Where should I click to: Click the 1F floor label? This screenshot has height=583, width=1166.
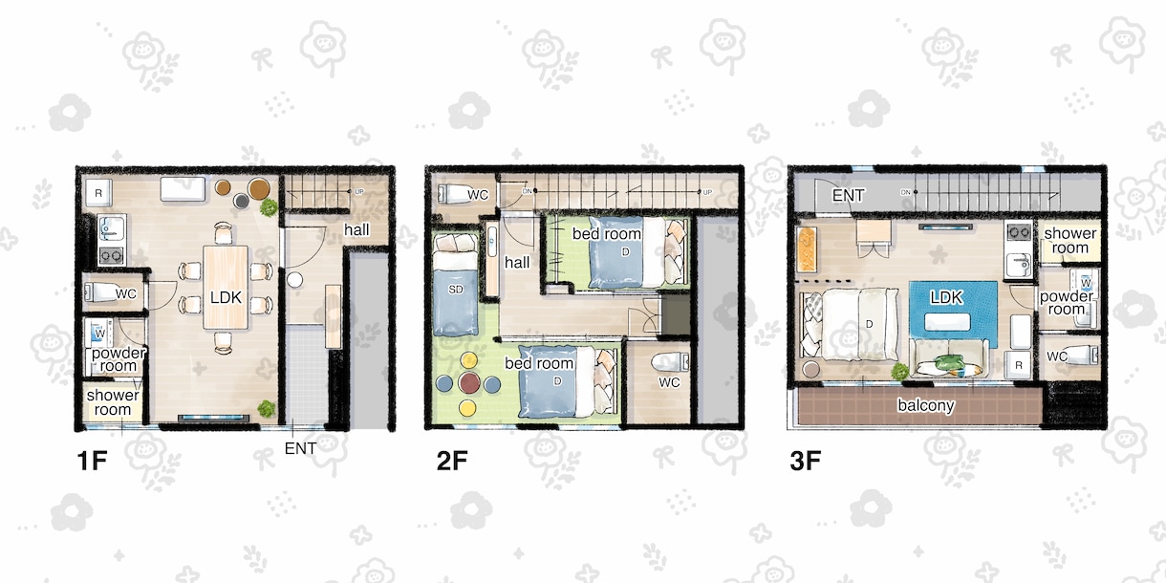(92, 461)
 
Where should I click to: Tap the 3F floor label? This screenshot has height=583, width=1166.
(806, 461)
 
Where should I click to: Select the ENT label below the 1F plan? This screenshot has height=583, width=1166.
(300, 448)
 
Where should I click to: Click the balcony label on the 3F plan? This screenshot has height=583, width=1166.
(925, 405)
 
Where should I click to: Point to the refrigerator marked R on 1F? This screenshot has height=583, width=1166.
(98, 193)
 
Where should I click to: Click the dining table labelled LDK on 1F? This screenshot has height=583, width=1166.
(226, 288)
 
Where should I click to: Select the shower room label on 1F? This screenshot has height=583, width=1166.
(113, 402)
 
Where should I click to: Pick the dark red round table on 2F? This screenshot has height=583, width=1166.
(469, 382)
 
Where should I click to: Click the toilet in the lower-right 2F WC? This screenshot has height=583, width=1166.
(670, 362)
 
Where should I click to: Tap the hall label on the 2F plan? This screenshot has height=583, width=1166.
(517, 262)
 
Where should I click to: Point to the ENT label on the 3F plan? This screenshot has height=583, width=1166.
(848, 196)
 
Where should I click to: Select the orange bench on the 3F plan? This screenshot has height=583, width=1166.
(806, 248)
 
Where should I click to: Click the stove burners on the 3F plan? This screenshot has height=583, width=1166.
(1019, 231)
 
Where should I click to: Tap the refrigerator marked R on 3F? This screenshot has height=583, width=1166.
(1018, 365)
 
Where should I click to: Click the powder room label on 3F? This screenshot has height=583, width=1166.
(1066, 303)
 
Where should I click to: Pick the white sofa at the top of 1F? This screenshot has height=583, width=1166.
(183, 189)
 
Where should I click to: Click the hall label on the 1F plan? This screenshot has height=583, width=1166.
(356, 229)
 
